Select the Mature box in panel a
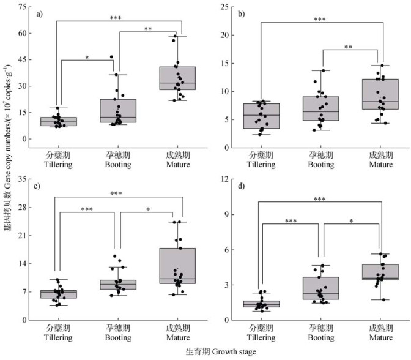(177, 78)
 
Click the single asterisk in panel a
(87, 58)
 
